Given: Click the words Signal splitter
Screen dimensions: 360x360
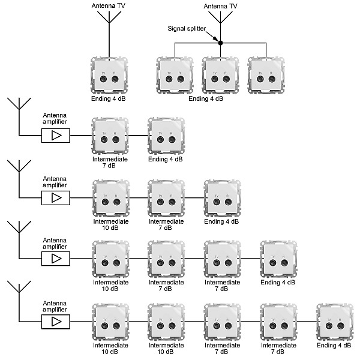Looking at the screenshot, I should tap(187, 28).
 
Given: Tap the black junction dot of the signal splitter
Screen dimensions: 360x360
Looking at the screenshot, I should tap(220, 43).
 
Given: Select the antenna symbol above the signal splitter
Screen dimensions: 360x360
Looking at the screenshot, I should tap(220, 17).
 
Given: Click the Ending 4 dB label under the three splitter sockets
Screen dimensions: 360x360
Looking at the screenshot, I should tap(206, 98).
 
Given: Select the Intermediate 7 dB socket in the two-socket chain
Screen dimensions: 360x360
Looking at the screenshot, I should tap(109, 135).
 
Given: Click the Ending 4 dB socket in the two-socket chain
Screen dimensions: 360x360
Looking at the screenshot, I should tap(166, 135).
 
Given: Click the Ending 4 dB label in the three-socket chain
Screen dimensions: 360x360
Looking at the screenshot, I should tap(221, 221).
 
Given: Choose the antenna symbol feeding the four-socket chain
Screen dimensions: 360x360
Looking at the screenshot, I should tap(19, 231).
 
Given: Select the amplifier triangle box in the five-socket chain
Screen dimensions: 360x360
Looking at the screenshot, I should tap(56, 322).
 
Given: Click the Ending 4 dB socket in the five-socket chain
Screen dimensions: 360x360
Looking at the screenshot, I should tap(334, 322).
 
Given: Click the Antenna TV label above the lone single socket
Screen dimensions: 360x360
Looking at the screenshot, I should tap(109, 6).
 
